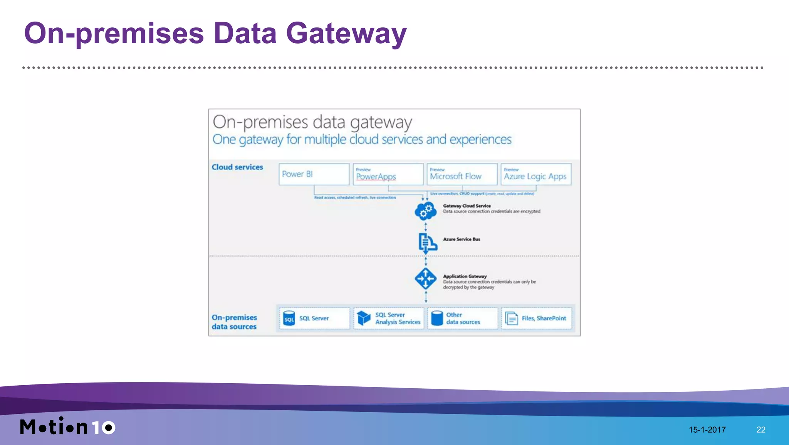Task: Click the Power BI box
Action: tap(314, 174)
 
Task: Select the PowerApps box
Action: tap(388, 174)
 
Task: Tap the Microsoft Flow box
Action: tap(462, 174)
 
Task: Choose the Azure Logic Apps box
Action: tap(536, 174)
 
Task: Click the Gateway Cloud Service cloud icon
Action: tap(425, 211)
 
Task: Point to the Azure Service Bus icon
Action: tap(427, 243)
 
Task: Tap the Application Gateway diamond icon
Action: tap(425, 278)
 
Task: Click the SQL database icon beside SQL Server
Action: tap(289, 319)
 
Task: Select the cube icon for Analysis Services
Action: tap(363, 318)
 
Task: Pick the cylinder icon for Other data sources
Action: tap(437, 318)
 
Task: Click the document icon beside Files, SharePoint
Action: tap(511, 319)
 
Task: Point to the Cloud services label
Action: tap(237, 167)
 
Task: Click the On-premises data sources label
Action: tap(234, 322)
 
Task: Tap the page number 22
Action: tap(761, 430)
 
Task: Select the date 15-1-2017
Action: tap(707, 430)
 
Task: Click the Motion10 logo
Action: tap(68, 426)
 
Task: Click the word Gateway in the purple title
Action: tap(346, 34)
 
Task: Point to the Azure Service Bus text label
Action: tap(462, 239)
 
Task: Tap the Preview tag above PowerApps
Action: tap(363, 170)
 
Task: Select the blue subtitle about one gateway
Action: tap(362, 140)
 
